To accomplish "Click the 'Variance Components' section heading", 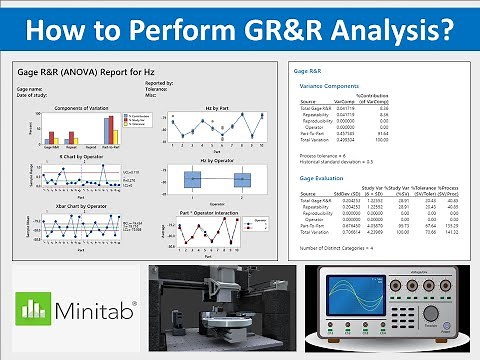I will (325, 87).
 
